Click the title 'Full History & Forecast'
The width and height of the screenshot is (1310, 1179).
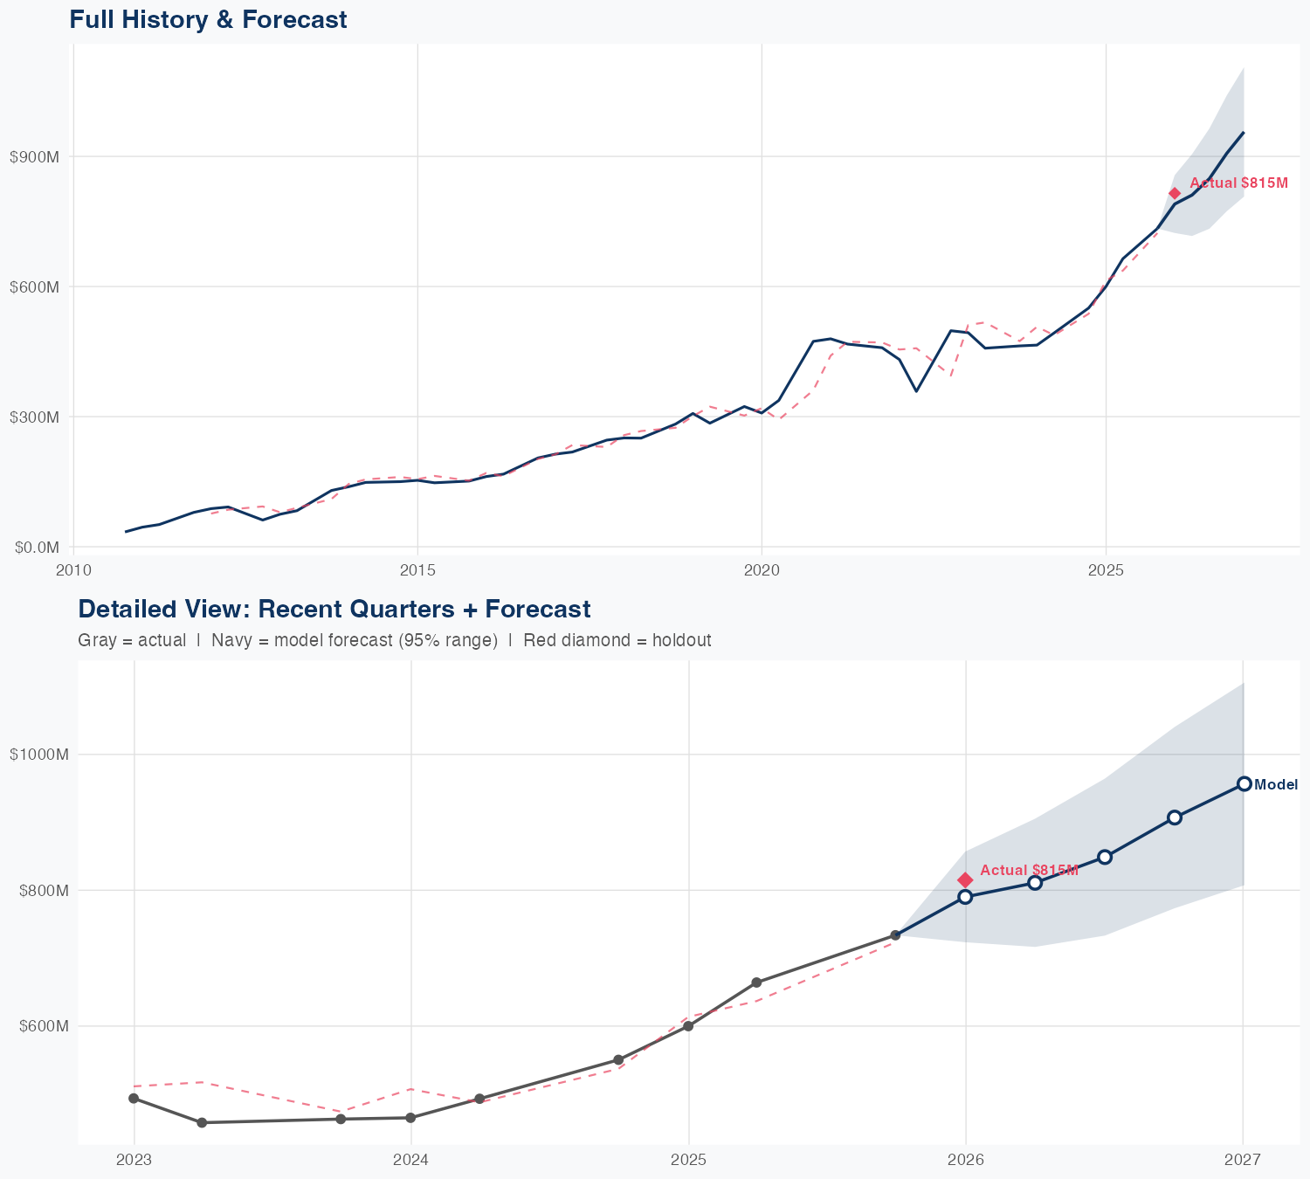pyautogui.click(x=208, y=19)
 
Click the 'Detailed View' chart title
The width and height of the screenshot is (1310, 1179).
pyautogui.click(x=334, y=609)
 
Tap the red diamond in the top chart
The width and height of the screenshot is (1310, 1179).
pyautogui.click(x=1175, y=193)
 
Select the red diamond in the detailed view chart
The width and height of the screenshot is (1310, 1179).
pyautogui.click(x=965, y=879)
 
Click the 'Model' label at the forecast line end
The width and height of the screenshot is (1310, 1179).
pyautogui.click(x=1275, y=785)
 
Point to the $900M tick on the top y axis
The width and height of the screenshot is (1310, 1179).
pyautogui.click(x=34, y=157)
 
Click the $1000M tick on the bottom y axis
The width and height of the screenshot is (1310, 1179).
pyautogui.click(x=38, y=755)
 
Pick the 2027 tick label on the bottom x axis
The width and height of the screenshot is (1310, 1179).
pyautogui.click(x=1243, y=1160)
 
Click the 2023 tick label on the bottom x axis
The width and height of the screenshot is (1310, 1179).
pyautogui.click(x=134, y=1160)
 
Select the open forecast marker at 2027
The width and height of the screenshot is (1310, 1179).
pyautogui.click(x=1244, y=784)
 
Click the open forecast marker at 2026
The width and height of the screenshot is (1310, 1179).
pyautogui.click(x=965, y=897)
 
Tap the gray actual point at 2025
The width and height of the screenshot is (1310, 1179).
pyautogui.click(x=688, y=1026)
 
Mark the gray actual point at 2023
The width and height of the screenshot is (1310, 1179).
pyautogui.click(x=134, y=1099)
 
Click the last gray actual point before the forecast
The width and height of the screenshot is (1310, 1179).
pyautogui.click(x=895, y=935)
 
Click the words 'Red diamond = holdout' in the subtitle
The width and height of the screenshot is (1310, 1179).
pyautogui.click(x=617, y=640)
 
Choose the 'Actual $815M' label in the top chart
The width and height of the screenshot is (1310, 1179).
pyautogui.click(x=1238, y=183)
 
